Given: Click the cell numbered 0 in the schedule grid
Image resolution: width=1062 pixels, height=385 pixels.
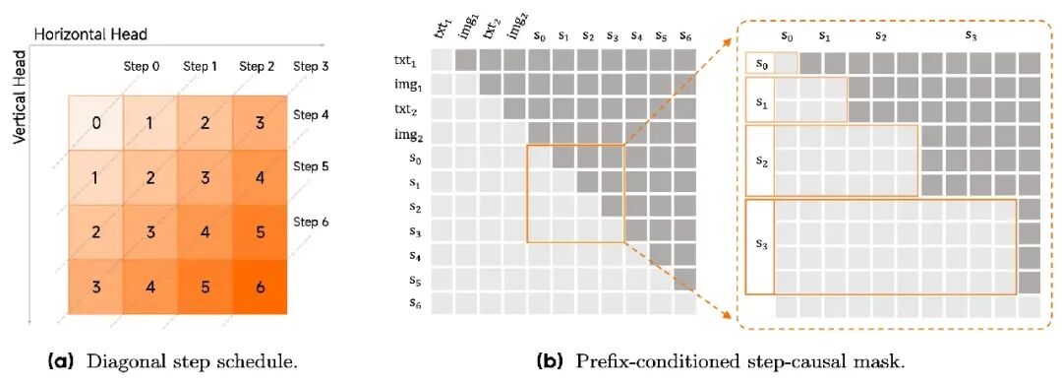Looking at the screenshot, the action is tap(95, 123).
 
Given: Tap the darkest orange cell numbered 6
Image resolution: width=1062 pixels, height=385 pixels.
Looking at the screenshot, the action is tap(260, 288).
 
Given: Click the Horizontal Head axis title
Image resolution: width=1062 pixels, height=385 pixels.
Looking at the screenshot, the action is tap(90, 33).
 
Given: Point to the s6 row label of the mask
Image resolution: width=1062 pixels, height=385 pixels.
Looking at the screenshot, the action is tap(415, 305).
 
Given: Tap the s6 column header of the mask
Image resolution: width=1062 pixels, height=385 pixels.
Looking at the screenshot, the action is tap(684, 34).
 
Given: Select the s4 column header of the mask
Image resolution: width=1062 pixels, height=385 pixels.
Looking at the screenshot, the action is tap(636, 34).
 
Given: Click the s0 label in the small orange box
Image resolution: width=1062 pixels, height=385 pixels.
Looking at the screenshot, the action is tap(760, 63).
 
